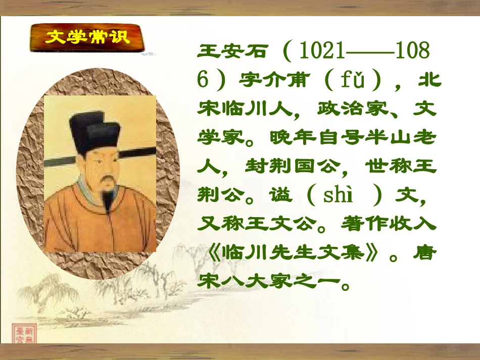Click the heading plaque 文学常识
point(86,37)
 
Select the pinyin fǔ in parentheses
point(352,80)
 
